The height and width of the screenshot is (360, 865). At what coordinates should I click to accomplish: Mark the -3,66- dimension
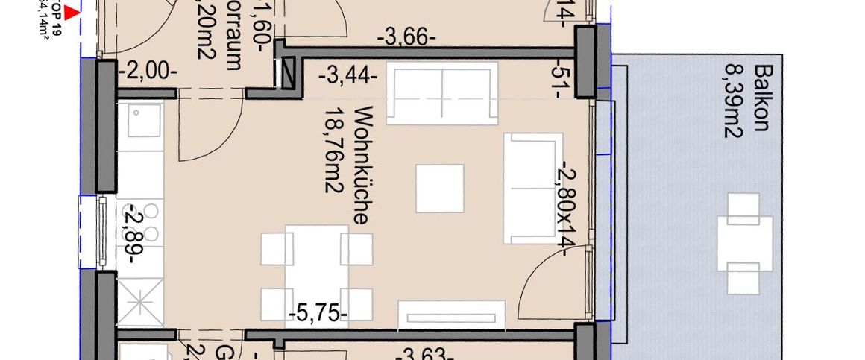(406, 37)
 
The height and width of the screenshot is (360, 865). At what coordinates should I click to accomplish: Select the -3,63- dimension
(426, 353)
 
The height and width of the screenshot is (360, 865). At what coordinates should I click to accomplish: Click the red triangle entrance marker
(72, 12)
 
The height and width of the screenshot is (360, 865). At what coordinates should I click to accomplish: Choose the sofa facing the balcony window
(532, 188)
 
